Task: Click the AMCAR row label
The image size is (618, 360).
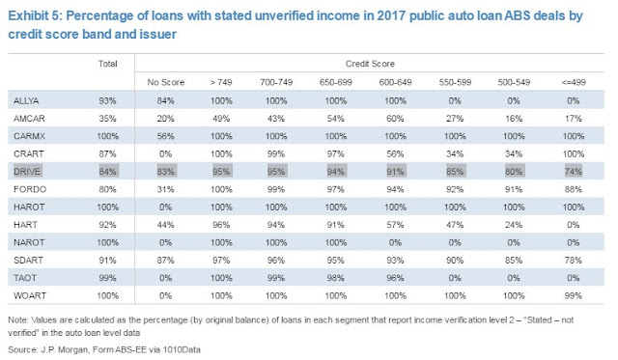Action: click(29, 119)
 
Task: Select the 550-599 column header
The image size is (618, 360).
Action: click(455, 82)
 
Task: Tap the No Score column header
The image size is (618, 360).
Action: click(165, 82)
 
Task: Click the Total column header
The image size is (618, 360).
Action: click(107, 64)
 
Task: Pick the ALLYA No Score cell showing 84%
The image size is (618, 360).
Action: click(165, 100)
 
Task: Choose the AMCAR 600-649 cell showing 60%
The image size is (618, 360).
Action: click(395, 119)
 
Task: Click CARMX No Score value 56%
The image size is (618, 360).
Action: click(165, 136)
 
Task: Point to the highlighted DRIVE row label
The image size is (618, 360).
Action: click(27, 172)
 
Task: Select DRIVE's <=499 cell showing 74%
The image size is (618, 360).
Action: click(573, 172)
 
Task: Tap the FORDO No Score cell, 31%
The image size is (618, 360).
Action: click(165, 189)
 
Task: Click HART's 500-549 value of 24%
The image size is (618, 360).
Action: click(514, 225)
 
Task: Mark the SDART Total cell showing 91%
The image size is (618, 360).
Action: click(107, 261)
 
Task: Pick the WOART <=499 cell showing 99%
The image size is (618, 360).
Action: click(573, 295)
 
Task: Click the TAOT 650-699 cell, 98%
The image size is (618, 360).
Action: click(335, 278)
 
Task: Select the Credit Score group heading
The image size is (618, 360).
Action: click(370, 64)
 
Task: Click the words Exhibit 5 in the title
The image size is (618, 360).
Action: click(35, 16)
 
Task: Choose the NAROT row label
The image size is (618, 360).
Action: click(29, 242)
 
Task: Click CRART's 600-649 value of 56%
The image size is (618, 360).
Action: click(395, 154)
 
